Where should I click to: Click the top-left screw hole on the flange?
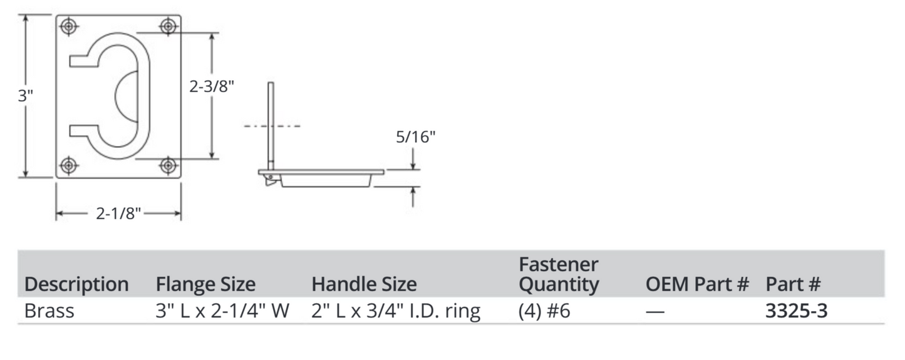pos(68,26)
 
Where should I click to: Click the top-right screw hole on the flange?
pos(168,26)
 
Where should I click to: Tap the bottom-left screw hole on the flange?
pos(68,165)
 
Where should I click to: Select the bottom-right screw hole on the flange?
pos(168,165)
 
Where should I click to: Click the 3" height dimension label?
pos(25,96)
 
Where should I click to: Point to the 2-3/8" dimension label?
pos(212,86)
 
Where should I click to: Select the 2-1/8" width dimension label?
pos(118,214)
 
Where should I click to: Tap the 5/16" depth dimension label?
pos(415,137)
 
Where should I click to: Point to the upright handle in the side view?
pos(271,125)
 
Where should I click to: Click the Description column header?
pos(76,284)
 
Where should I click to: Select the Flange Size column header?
pos(205,284)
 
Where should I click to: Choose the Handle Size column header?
pos(364,284)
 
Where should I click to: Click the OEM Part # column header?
pos(697,284)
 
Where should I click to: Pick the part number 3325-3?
pos(796,311)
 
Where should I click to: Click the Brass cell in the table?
pos(49,311)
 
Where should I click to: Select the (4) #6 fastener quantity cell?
pos(544,311)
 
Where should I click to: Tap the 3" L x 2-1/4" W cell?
pos(222,311)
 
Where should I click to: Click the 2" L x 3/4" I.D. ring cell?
pos(396,311)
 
